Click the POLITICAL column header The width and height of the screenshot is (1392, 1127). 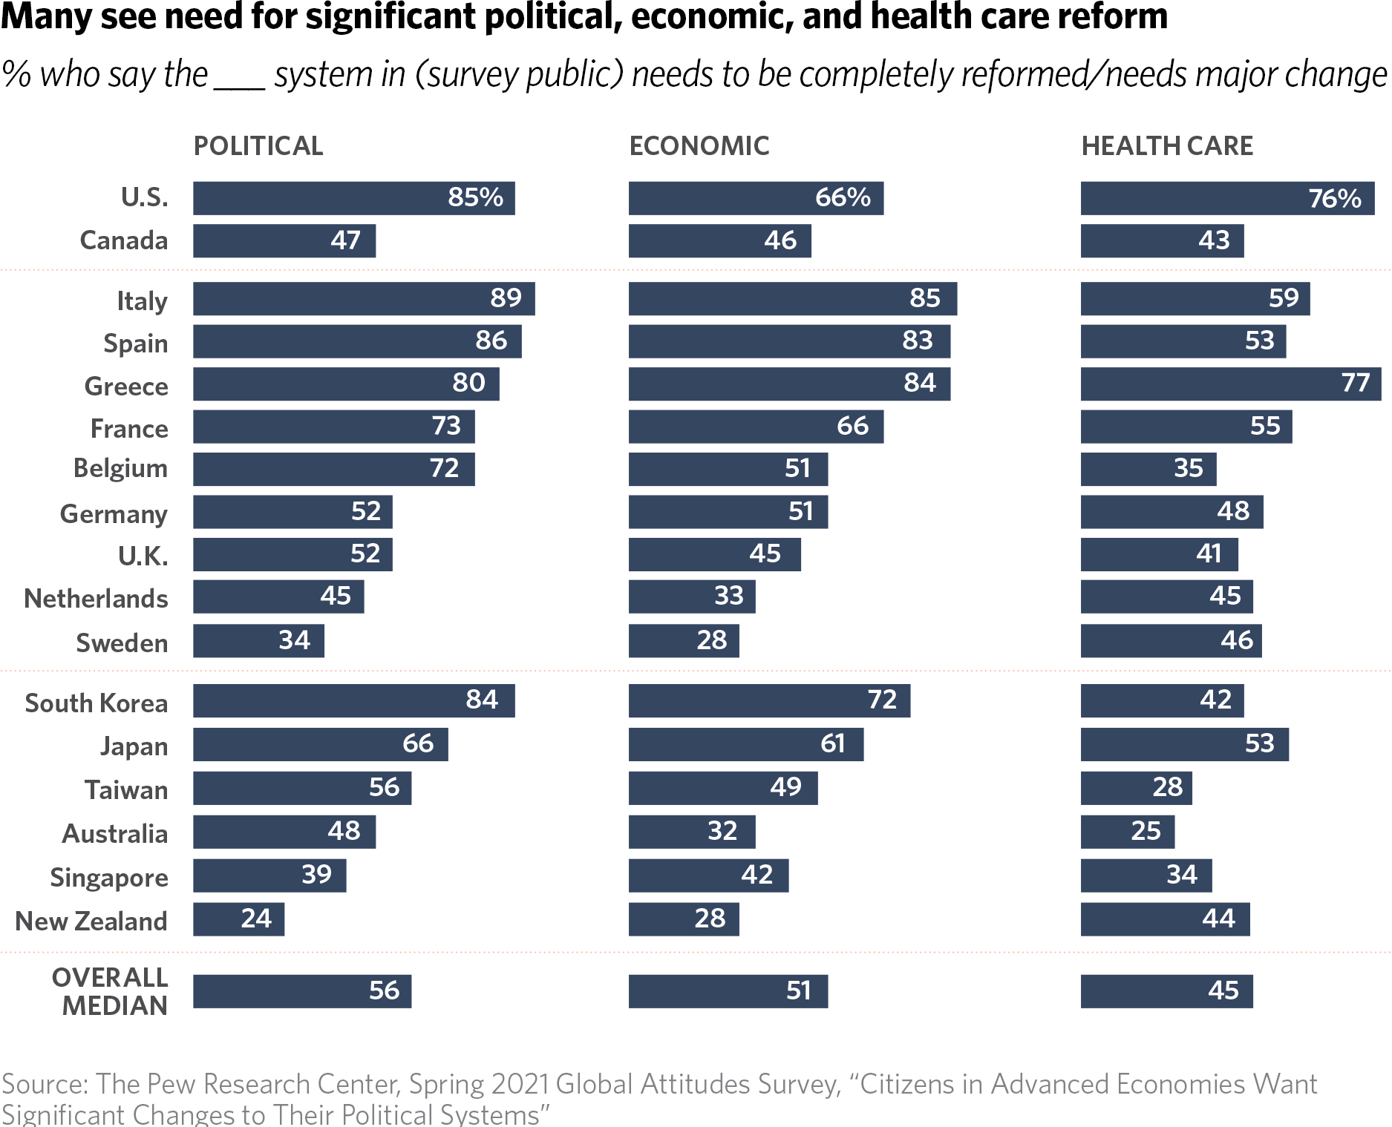pyautogui.click(x=258, y=146)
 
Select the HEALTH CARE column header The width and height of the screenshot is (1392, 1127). pyautogui.click(x=1167, y=146)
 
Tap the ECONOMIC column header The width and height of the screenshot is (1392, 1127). pyautogui.click(x=699, y=146)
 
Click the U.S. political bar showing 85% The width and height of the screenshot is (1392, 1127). pyautogui.click(x=353, y=198)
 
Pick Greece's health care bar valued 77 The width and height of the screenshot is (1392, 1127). pyautogui.click(x=1230, y=384)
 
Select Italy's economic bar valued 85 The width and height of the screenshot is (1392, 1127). pyautogui.click(x=792, y=298)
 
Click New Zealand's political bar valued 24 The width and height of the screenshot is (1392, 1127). pyautogui.click(x=238, y=919)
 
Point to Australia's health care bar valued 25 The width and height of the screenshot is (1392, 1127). pyautogui.click(x=1127, y=832)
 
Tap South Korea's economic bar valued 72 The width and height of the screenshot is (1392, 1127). pyautogui.click(x=769, y=700)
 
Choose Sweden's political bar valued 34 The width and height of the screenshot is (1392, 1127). pyautogui.click(x=258, y=641)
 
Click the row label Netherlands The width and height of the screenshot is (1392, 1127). pyautogui.click(x=97, y=599)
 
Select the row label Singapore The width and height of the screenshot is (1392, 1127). pyautogui.click(x=109, y=878)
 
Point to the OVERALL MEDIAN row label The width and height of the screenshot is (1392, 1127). pyautogui.click(x=110, y=992)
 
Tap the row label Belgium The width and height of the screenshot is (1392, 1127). pyautogui.click(x=120, y=469)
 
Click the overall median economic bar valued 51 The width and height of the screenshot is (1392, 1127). pyautogui.click(x=728, y=991)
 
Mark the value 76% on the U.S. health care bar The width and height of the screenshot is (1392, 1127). pyautogui.click(x=1334, y=199)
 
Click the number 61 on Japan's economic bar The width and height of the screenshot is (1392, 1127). pyautogui.click(x=832, y=743)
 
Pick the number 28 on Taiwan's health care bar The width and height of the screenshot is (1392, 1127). pyautogui.click(x=1167, y=787)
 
